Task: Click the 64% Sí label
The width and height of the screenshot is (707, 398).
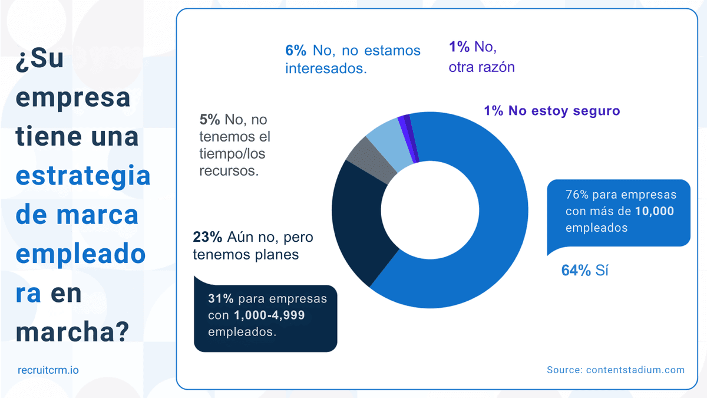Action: pyautogui.click(x=584, y=271)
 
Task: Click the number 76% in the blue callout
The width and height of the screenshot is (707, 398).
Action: pyautogui.click(x=577, y=195)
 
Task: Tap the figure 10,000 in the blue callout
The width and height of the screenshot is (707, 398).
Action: pyautogui.click(x=654, y=211)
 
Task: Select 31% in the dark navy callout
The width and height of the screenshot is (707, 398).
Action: pyautogui.click(x=219, y=299)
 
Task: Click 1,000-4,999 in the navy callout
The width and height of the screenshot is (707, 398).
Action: pyautogui.click(x=269, y=315)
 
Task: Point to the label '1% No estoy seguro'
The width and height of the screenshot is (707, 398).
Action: pyautogui.click(x=551, y=111)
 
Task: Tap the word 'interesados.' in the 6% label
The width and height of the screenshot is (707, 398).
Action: pyautogui.click(x=326, y=68)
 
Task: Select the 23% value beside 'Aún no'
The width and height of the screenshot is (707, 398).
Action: pyautogui.click(x=207, y=238)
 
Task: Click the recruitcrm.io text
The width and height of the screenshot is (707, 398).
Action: pyautogui.click(x=48, y=370)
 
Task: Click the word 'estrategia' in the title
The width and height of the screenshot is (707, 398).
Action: pyautogui.click(x=83, y=176)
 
